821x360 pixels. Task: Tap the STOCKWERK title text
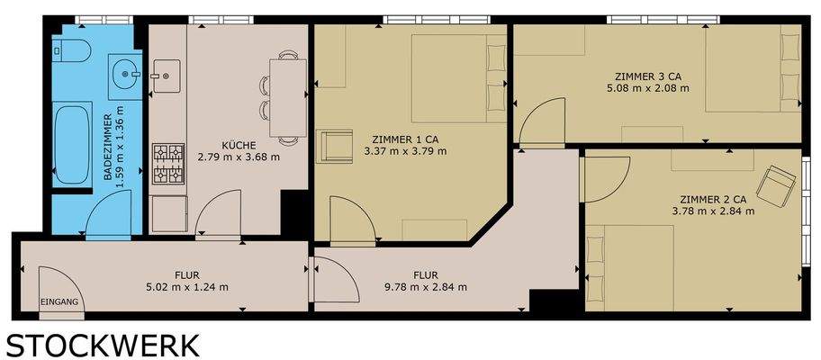coord(104,345)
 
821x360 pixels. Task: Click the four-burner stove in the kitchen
coord(167,163)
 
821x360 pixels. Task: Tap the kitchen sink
coord(167,71)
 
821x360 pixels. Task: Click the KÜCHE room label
coord(239,145)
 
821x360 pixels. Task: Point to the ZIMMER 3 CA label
coord(648,76)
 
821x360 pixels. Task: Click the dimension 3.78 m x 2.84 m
coord(712,211)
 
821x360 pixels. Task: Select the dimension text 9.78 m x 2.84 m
coord(425,288)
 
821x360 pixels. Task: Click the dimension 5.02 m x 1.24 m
coord(186,288)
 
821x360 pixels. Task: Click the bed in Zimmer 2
coord(630,265)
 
